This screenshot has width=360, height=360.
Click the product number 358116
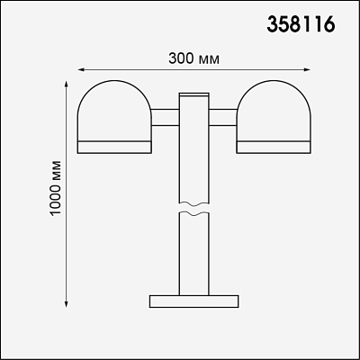tap(301, 24)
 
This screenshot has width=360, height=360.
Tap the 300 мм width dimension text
tap(193, 58)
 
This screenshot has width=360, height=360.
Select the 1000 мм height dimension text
tap(56, 188)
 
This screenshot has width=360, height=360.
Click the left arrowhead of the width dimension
tap(80, 70)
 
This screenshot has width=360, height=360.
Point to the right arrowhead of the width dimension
tap(308, 70)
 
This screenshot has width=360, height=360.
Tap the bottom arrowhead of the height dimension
tap(67, 304)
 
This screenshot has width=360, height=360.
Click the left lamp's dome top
tap(114, 81)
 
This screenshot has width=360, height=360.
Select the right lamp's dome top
tap(273, 81)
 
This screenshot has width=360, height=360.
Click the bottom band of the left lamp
tap(114, 147)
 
